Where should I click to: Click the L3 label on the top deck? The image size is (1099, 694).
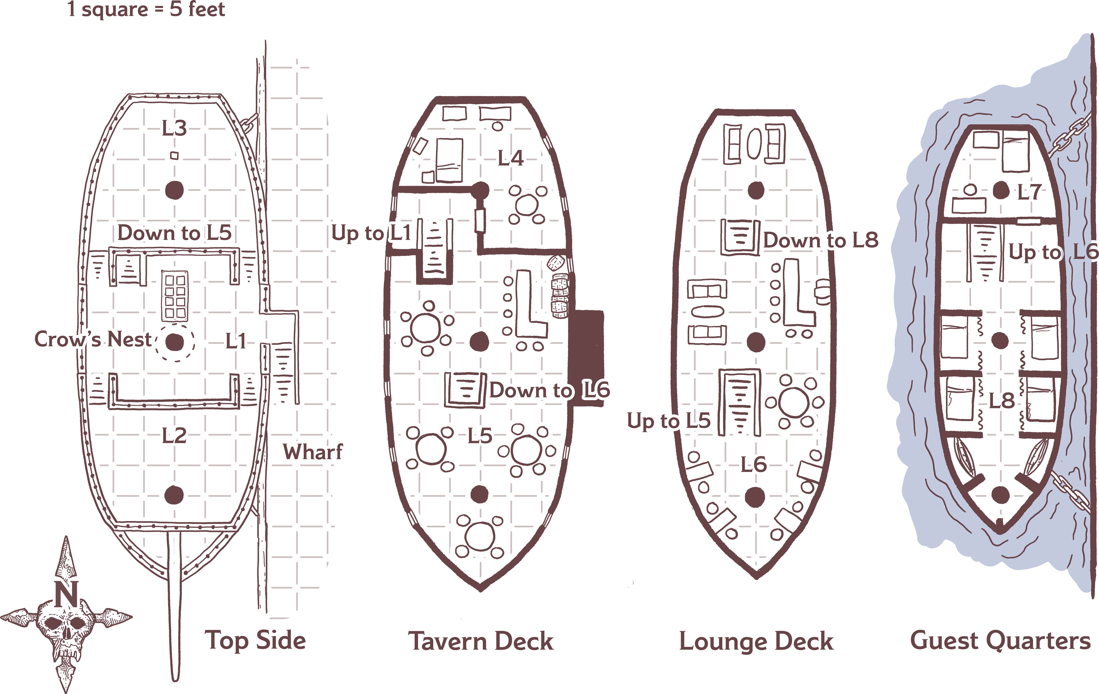(174, 128)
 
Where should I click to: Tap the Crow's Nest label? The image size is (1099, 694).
(93, 340)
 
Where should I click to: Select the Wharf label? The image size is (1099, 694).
(313, 452)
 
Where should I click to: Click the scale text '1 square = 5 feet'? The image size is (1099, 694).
(146, 9)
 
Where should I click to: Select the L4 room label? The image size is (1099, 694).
(510, 158)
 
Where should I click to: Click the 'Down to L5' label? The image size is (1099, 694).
(174, 233)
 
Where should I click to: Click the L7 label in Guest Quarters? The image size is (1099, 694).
(1029, 192)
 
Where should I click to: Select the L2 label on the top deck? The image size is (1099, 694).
(174, 436)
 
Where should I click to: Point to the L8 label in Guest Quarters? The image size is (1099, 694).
(1001, 401)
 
